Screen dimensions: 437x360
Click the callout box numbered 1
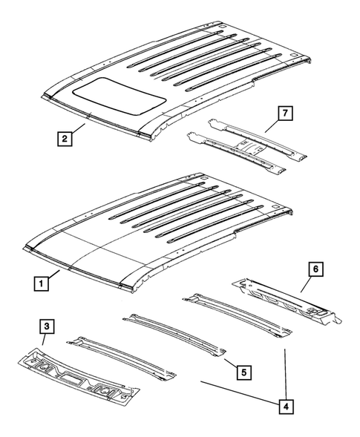44,283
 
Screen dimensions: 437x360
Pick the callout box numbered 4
284,406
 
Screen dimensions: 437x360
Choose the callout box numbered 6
317,271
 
